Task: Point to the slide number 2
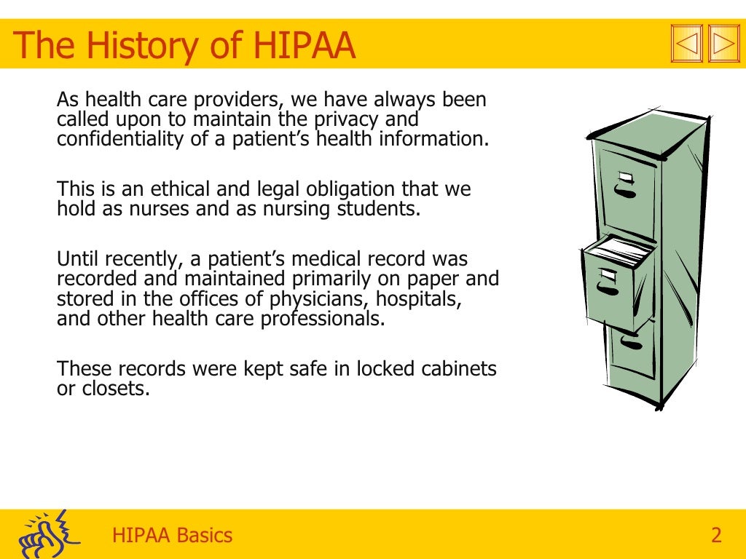click(716, 536)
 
